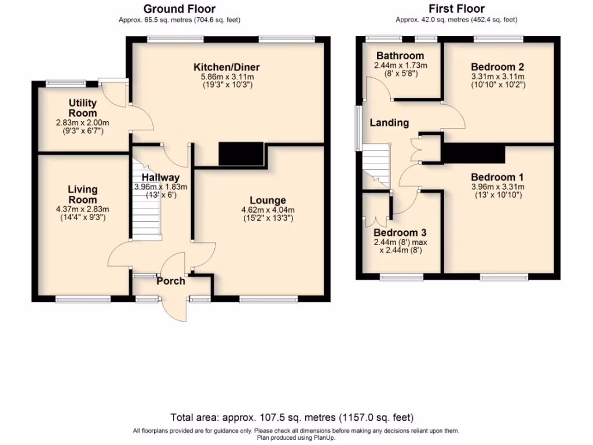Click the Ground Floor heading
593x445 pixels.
179,9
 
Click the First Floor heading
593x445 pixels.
456,9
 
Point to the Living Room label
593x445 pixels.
82,194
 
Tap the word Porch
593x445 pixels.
171,282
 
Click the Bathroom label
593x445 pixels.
400,56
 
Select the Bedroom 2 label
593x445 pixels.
497,66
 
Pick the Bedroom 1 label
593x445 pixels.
497,177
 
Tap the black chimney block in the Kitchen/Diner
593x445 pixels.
241,154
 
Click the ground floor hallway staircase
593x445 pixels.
145,209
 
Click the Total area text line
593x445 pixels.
292,417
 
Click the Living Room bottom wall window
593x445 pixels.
83,299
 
